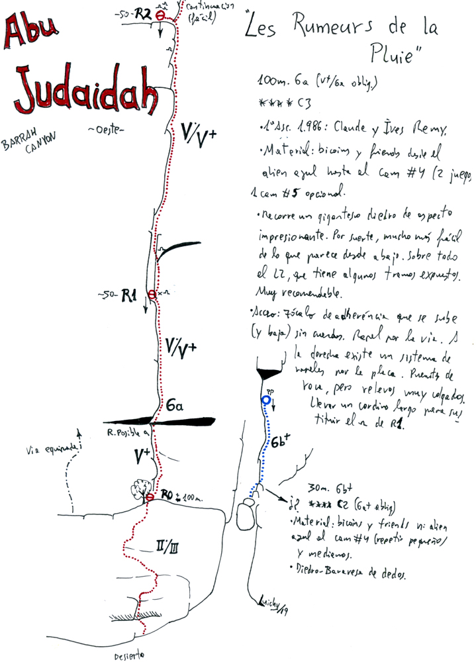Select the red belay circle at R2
pos(159,14)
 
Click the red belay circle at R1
pos(152,294)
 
